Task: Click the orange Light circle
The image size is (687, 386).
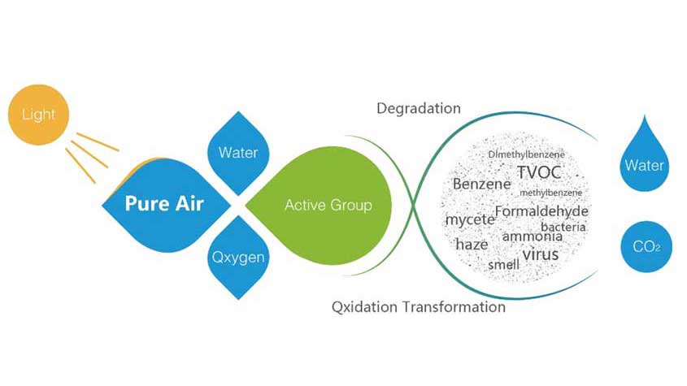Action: pyautogui.click(x=38, y=115)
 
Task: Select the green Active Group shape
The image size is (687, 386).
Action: pyautogui.click(x=320, y=205)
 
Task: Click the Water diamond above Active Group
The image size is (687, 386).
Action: pyautogui.click(x=238, y=153)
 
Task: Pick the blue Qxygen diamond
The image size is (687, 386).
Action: pyautogui.click(x=238, y=258)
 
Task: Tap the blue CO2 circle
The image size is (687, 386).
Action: pyautogui.click(x=646, y=247)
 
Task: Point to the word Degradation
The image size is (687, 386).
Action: pyautogui.click(x=419, y=109)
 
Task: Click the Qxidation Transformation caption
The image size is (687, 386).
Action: pyautogui.click(x=419, y=306)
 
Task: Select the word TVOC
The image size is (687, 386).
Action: pyautogui.click(x=539, y=172)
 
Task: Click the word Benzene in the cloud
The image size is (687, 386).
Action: pyautogui.click(x=481, y=184)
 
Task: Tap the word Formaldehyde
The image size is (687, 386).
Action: pyautogui.click(x=541, y=211)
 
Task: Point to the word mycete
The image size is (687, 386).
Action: pyautogui.click(x=470, y=219)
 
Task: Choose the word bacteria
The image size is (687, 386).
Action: pyautogui.click(x=563, y=227)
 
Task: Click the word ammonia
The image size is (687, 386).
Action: pyautogui.click(x=533, y=236)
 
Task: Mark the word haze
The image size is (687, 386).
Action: pyautogui.click(x=472, y=245)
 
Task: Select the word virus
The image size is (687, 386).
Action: pyautogui.click(x=541, y=254)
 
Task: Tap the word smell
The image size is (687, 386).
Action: pyautogui.click(x=503, y=265)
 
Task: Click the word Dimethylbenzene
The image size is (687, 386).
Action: pyautogui.click(x=527, y=154)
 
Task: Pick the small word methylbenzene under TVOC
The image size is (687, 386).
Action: pyautogui.click(x=550, y=193)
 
